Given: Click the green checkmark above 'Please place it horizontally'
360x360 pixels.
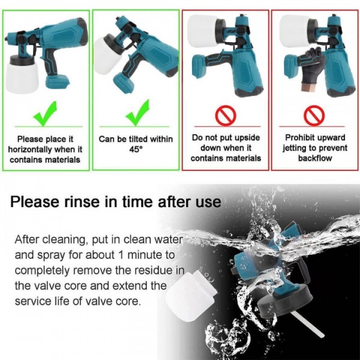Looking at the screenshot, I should pyautogui.click(x=47, y=114).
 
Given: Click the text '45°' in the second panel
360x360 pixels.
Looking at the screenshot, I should pyautogui.click(x=136, y=149).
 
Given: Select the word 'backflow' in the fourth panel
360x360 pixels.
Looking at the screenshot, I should pyautogui.click(x=314, y=158).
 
